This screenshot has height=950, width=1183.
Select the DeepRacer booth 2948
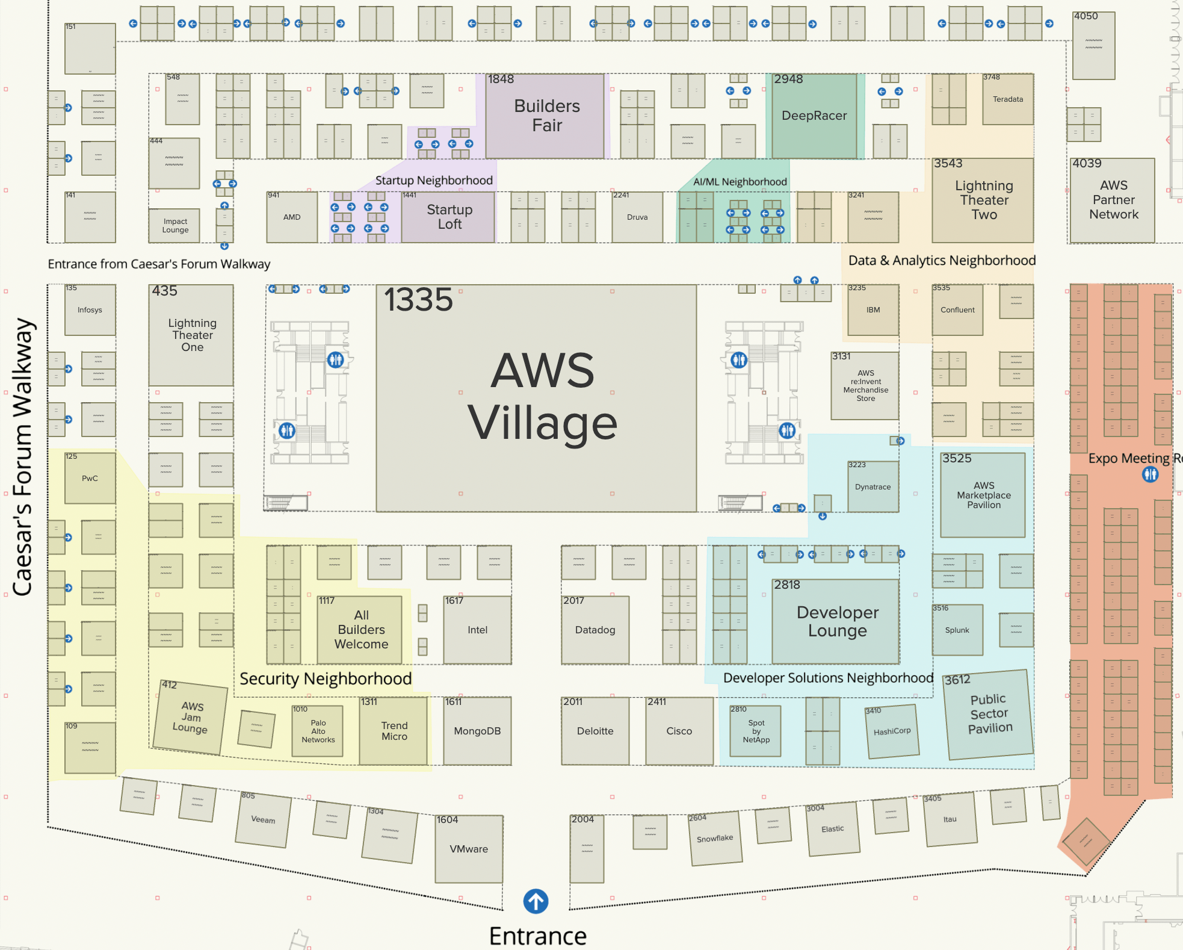coord(814,116)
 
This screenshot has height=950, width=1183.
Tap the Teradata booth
coord(1008,99)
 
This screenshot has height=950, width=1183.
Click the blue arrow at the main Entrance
coord(536,901)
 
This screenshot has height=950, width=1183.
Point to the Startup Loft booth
coord(448,217)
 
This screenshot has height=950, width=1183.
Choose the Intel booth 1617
coord(477,630)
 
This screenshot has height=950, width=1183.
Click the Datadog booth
coord(595,630)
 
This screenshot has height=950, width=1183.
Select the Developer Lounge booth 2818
coord(836,621)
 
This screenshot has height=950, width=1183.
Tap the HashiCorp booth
coord(892,731)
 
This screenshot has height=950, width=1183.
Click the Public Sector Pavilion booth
coord(989,714)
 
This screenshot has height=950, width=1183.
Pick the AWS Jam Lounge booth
coord(191,717)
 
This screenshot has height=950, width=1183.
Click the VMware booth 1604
coord(469,849)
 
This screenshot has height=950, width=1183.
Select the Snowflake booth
coord(715,838)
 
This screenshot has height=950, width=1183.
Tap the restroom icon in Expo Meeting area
coord(1150,474)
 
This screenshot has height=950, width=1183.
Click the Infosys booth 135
coord(90,310)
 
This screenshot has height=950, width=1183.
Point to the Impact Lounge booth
coord(175,226)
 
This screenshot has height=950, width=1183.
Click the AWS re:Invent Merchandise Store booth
coord(865,386)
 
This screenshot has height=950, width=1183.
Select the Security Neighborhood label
coord(326,678)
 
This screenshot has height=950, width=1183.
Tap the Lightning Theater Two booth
coord(983,200)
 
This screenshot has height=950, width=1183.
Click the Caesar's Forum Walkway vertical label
coord(23,458)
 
